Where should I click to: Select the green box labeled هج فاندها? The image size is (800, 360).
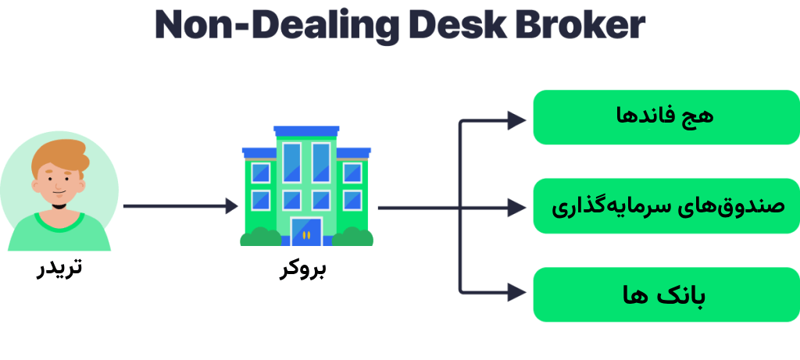(x=666, y=117)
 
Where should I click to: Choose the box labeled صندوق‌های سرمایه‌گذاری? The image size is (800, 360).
(x=666, y=206)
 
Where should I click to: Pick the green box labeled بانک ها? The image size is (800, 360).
(x=666, y=294)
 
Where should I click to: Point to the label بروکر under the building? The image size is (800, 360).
(x=303, y=269)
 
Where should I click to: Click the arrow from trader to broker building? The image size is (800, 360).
(x=180, y=206)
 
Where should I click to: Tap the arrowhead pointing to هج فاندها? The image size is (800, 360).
(x=517, y=121)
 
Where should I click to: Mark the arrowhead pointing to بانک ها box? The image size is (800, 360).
(x=517, y=293)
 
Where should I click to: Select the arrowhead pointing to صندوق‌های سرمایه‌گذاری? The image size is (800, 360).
(x=517, y=208)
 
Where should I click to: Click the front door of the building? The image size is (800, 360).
(x=306, y=232)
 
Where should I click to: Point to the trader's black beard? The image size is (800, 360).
(x=59, y=205)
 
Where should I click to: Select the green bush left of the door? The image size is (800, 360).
(x=260, y=237)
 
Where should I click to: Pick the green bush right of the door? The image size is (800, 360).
(x=352, y=237)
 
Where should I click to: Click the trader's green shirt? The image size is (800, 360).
(x=59, y=232)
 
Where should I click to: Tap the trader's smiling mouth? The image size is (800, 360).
(x=59, y=194)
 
